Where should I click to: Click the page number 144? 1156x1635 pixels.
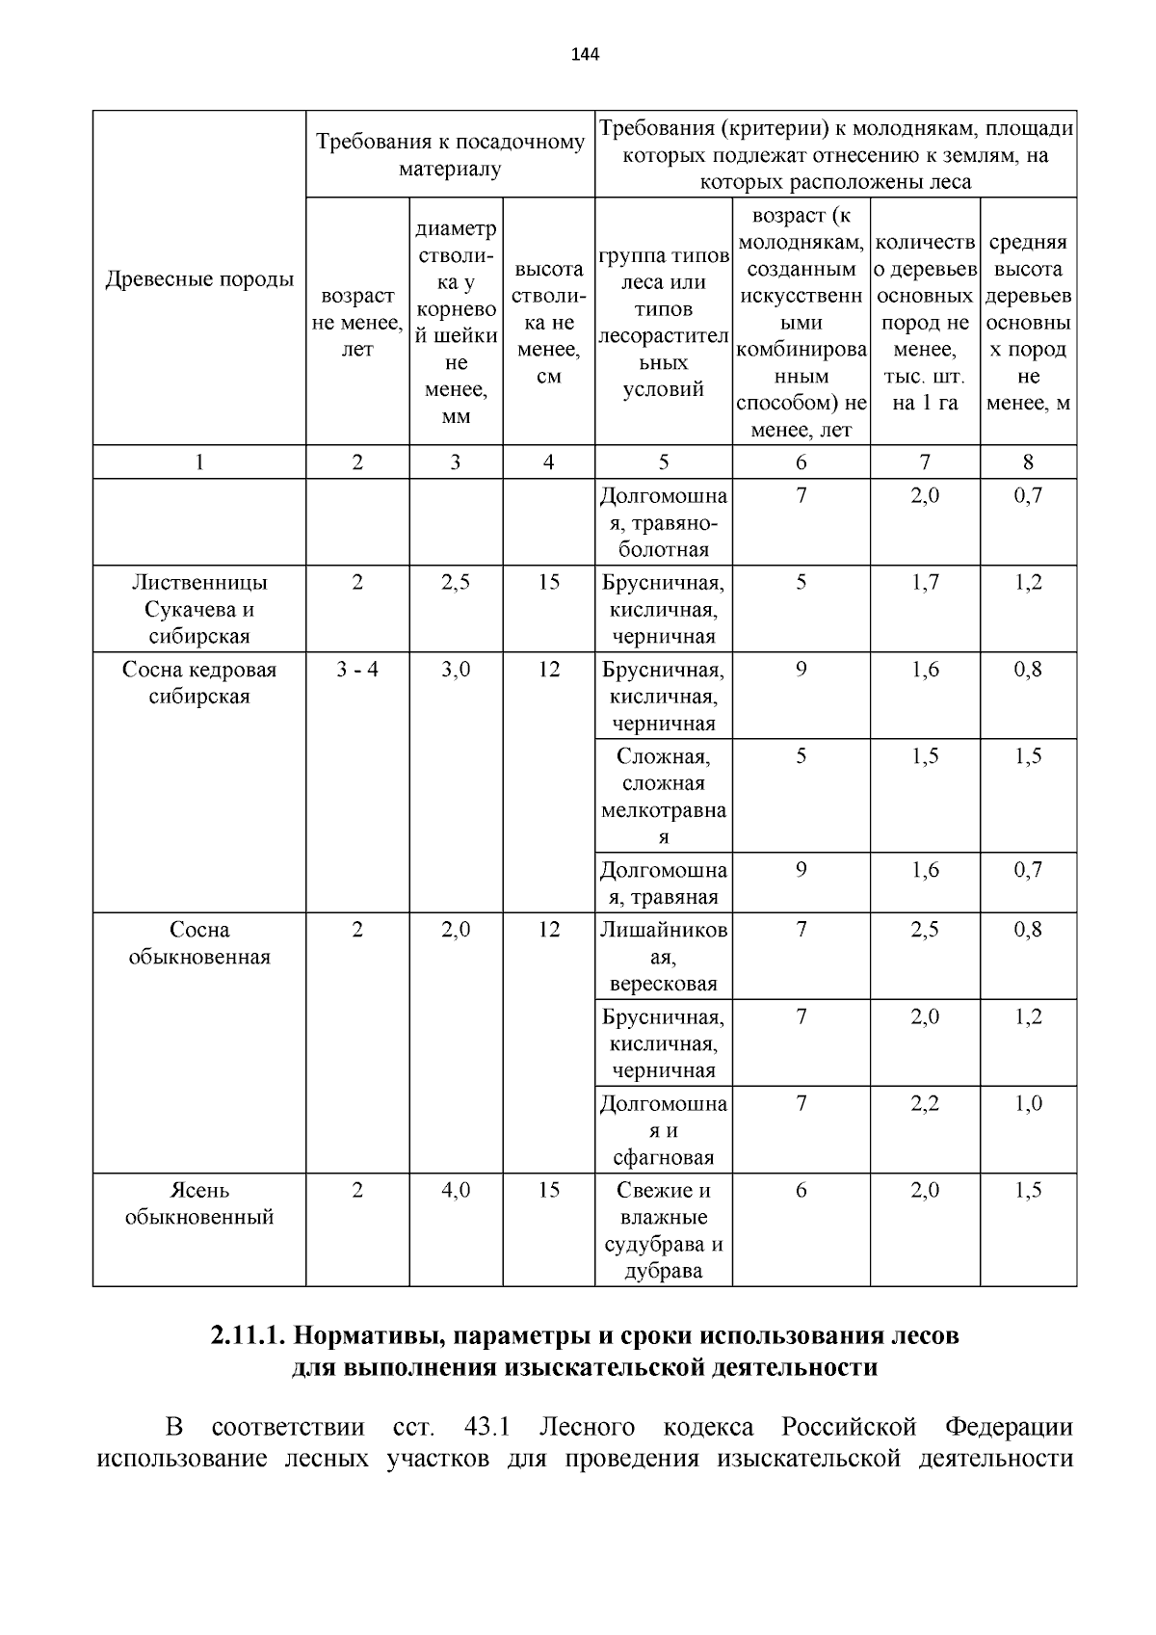(585, 55)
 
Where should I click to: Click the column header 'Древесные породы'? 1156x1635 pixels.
(199, 280)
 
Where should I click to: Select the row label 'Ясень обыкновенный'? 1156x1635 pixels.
(199, 1203)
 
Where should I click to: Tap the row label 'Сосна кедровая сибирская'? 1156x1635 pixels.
(199, 683)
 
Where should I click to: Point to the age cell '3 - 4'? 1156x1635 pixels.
(357, 670)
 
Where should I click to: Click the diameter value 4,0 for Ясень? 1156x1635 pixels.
(456, 1190)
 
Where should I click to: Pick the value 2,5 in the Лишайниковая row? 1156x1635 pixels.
(925, 930)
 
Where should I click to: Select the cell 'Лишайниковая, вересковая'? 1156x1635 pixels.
(664, 957)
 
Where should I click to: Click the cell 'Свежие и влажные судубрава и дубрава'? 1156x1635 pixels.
(664, 1230)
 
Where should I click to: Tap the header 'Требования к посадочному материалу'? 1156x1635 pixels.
(451, 156)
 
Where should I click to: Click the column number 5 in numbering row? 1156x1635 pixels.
(664, 462)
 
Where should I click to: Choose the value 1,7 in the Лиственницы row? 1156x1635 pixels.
(925, 583)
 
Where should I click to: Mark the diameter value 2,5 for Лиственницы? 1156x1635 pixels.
(456, 583)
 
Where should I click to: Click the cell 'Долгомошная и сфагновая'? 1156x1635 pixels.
(664, 1130)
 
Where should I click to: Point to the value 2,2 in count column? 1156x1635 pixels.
(925, 1103)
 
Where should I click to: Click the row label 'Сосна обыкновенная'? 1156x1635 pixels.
(199, 943)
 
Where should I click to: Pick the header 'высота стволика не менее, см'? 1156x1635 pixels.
(548, 322)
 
